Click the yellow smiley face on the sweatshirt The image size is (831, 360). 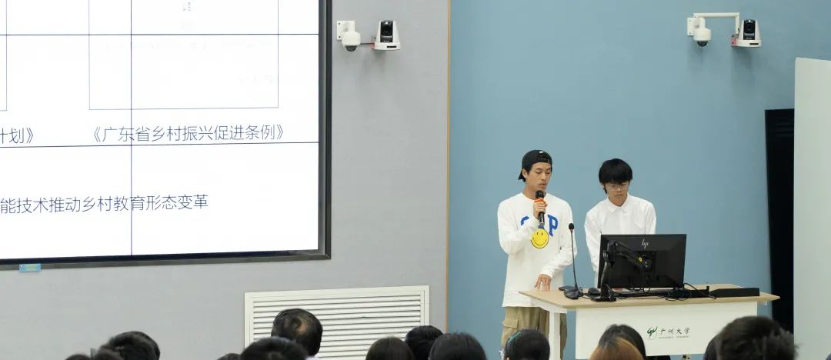tap(539, 238)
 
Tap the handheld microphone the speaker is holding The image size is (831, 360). tap(540, 206)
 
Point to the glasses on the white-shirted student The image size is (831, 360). tap(616, 185)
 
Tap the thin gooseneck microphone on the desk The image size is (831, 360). tap(573, 262)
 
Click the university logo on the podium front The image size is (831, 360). tap(668, 332)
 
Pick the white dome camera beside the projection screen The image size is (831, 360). tap(349, 36)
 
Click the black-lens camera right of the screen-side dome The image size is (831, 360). tap(386, 35)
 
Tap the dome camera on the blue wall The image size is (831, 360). tap(701, 32)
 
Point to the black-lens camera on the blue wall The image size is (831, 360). tap(747, 32)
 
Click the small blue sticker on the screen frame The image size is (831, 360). tap(29, 268)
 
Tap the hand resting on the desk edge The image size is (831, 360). tap(544, 282)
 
